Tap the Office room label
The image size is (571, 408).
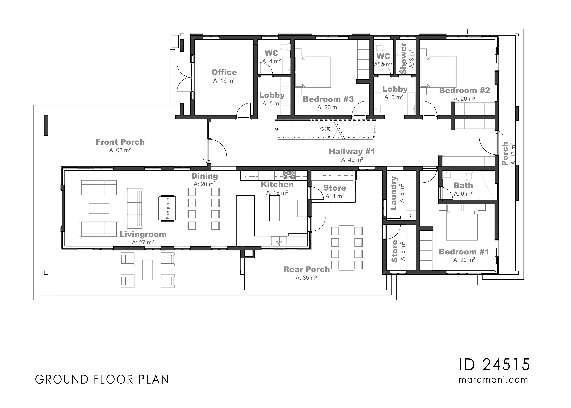[224, 72]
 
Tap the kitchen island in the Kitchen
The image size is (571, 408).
[274, 208]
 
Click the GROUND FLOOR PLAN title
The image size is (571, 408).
[102, 380]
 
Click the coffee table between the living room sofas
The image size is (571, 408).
[99, 208]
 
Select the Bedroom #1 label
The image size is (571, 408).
[464, 252]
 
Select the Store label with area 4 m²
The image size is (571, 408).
[334, 188]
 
